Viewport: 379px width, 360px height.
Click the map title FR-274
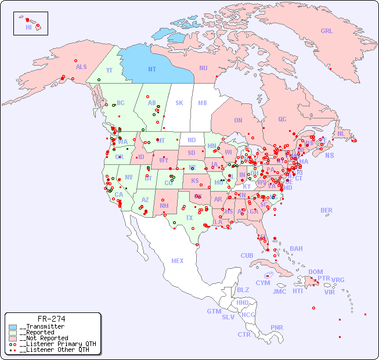pos(51,319)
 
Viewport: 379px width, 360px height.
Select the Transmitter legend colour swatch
pos(13,327)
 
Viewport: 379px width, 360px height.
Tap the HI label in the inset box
pos(28,27)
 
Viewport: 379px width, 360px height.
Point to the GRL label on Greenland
pos(327,31)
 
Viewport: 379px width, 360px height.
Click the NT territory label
pos(152,69)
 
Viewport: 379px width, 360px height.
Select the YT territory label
pos(109,70)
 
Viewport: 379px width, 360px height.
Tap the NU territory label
pos(203,68)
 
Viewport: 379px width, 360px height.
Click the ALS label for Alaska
pos(81,67)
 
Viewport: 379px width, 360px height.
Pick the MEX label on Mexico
pos(178,261)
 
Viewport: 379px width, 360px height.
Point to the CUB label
pos(247,255)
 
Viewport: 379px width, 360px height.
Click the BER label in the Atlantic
pos(327,210)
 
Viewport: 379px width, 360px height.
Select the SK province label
pos(179,103)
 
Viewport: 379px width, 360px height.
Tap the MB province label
pos(202,103)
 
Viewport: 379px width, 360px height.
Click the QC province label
pos(282,119)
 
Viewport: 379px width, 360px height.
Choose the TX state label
pos(189,218)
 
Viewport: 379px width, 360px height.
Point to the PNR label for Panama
pos(277,327)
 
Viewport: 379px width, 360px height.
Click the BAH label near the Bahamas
pos(296,249)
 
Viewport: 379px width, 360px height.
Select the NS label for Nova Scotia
pos(329,155)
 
